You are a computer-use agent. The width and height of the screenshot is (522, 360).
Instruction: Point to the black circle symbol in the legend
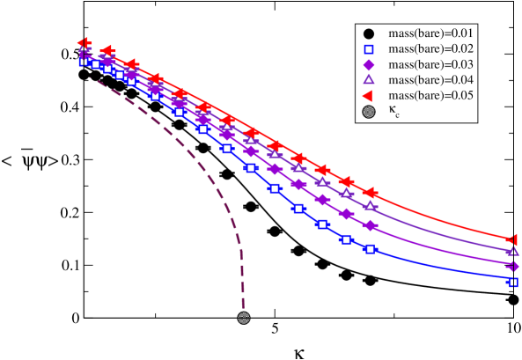pos(368,34)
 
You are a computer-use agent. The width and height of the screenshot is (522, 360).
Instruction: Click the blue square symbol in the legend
pos(368,49)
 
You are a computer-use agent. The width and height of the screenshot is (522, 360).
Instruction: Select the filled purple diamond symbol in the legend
pos(368,65)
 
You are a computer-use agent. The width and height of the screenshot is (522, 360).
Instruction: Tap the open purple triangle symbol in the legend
pos(368,80)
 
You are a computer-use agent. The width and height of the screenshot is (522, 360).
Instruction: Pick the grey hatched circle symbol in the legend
pos(368,111)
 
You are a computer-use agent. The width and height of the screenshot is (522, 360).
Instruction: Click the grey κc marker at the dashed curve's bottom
pos(244,318)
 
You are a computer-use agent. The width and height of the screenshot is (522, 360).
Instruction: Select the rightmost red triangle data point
pos(513,239)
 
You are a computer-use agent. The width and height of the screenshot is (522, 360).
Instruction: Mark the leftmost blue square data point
pos(84,61)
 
